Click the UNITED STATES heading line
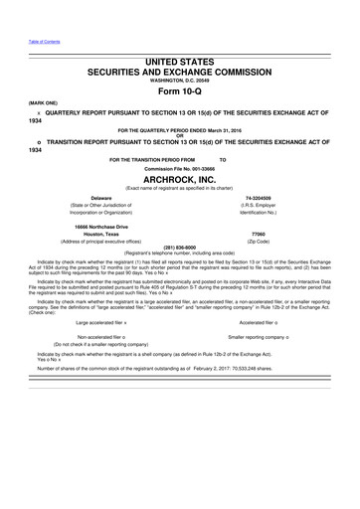pyautogui.click(x=179, y=62)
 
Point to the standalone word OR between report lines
pyautogui.click(x=179, y=135)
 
